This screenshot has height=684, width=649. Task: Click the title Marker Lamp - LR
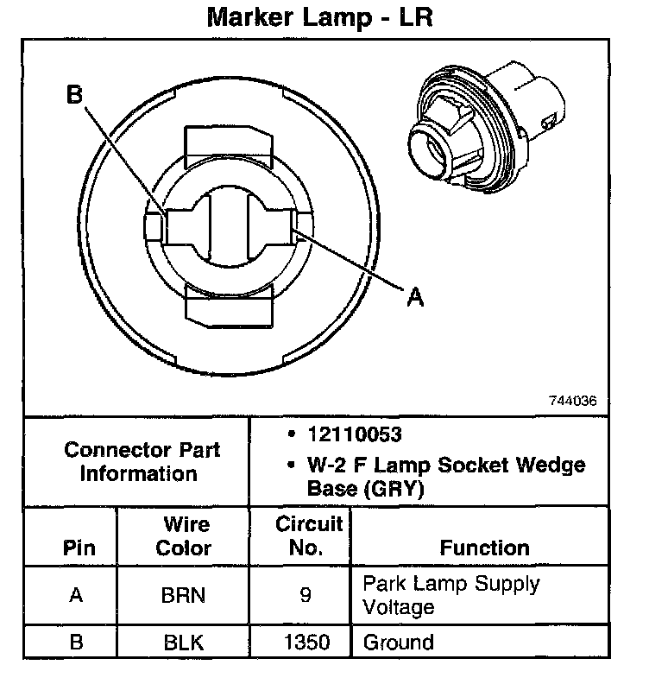pos(318,18)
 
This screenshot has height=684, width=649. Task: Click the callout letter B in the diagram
pos(74,95)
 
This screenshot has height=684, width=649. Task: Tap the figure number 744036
pos(571,402)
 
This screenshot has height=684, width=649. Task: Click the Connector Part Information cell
pos(142,462)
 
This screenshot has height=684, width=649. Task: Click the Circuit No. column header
pos(308,535)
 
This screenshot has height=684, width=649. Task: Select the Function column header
pos(484,548)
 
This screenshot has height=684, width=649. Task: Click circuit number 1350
pos(306,643)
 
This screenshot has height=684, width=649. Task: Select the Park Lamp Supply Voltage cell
pos(450,594)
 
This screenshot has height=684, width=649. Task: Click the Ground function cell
pos(398,643)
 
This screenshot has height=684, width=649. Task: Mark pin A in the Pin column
pos(76,595)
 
